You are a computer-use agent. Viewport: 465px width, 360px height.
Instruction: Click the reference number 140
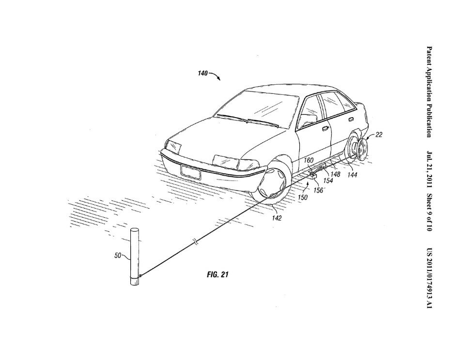click(x=203, y=73)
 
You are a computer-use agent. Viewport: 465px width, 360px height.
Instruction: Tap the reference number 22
click(x=379, y=135)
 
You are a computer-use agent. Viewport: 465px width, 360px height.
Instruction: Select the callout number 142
click(x=277, y=218)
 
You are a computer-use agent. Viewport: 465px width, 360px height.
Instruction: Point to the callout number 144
click(x=352, y=175)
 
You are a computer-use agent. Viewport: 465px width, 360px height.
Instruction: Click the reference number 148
click(x=335, y=175)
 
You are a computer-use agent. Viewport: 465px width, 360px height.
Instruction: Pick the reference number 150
click(x=302, y=197)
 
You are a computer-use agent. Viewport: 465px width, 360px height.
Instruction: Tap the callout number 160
click(x=309, y=160)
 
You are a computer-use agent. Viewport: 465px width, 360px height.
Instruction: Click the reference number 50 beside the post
click(x=118, y=255)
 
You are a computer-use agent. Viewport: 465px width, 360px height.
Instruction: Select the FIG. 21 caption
click(x=217, y=275)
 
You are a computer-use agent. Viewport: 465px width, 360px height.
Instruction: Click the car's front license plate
click(x=191, y=172)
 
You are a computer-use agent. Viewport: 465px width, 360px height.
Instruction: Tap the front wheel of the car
click(x=270, y=184)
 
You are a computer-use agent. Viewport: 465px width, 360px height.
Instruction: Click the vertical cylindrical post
click(x=135, y=257)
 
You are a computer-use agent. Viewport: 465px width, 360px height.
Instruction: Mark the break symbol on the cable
click(x=195, y=242)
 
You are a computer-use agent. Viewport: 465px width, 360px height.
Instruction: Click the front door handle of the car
click(x=325, y=129)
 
